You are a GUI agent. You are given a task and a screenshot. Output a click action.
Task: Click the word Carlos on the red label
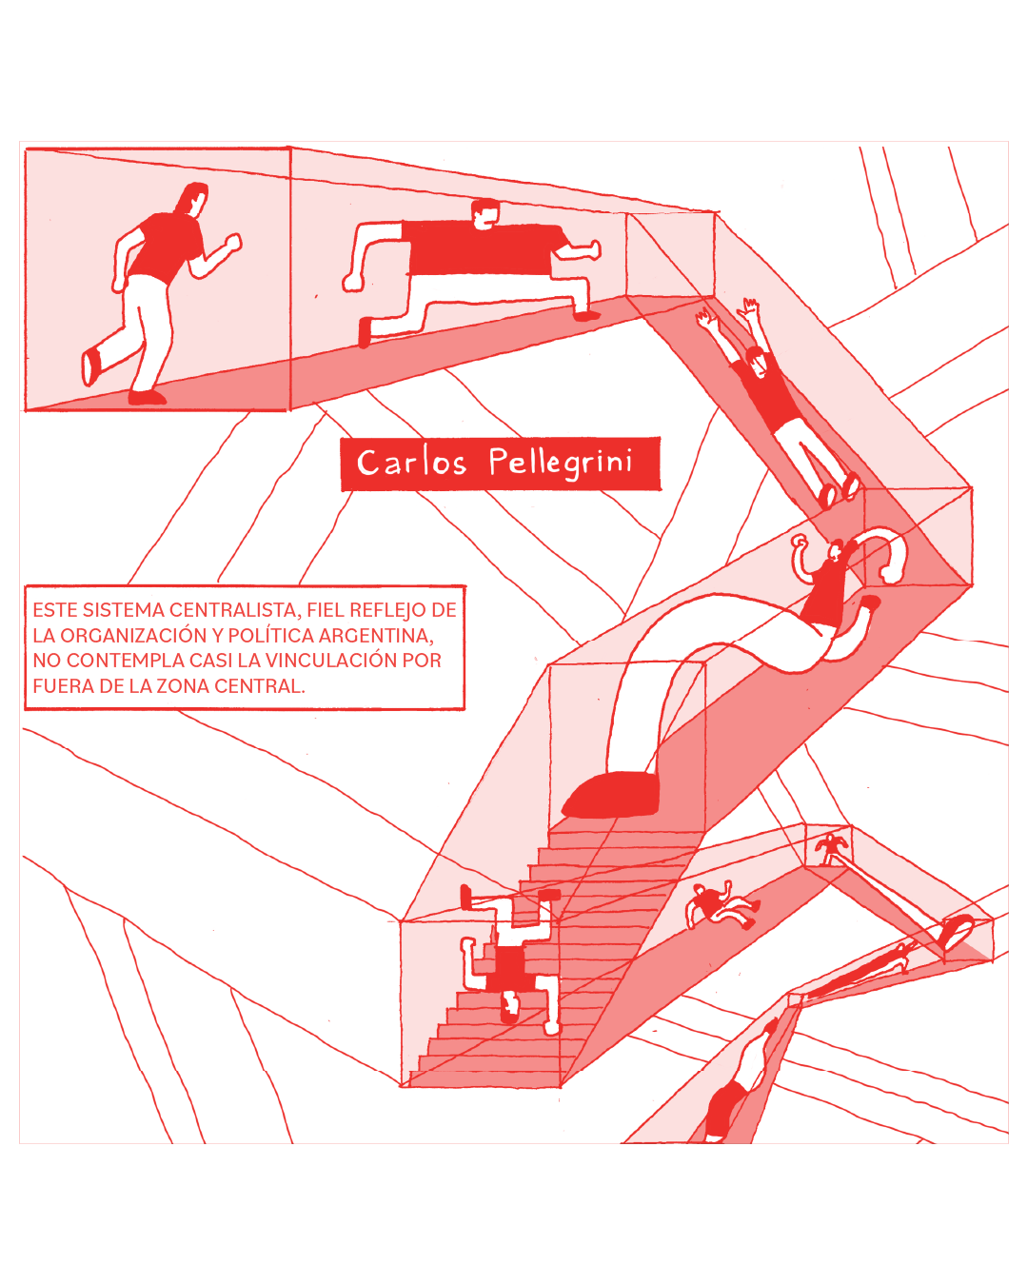(x=411, y=464)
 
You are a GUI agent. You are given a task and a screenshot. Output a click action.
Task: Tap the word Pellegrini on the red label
(x=561, y=464)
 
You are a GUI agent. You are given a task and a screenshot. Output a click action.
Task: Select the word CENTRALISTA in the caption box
(x=234, y=610)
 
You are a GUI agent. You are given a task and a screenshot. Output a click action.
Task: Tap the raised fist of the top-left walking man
(x=232, y=243)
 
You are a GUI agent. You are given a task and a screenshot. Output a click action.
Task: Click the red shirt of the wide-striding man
(x=476, y=249)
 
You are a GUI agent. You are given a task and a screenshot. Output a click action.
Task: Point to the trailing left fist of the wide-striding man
(x=353, y=281)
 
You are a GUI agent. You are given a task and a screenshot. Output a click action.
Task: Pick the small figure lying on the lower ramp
(x=720, y=906)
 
